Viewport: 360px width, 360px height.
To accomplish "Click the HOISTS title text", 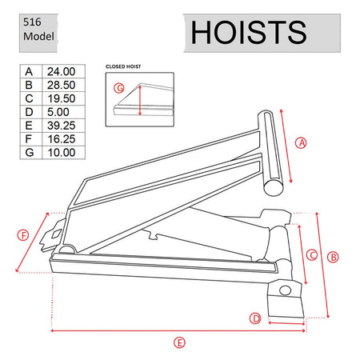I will pos(249,32).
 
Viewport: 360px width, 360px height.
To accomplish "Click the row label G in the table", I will pos(29,151).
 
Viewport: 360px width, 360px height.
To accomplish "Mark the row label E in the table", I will pos(29,125).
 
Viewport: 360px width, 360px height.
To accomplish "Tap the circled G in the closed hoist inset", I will pos(120,88).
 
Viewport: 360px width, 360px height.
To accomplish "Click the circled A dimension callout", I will pos(302,143).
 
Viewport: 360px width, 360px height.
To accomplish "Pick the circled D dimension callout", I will pos(256,318).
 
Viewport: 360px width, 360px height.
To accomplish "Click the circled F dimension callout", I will pos(24,234).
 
